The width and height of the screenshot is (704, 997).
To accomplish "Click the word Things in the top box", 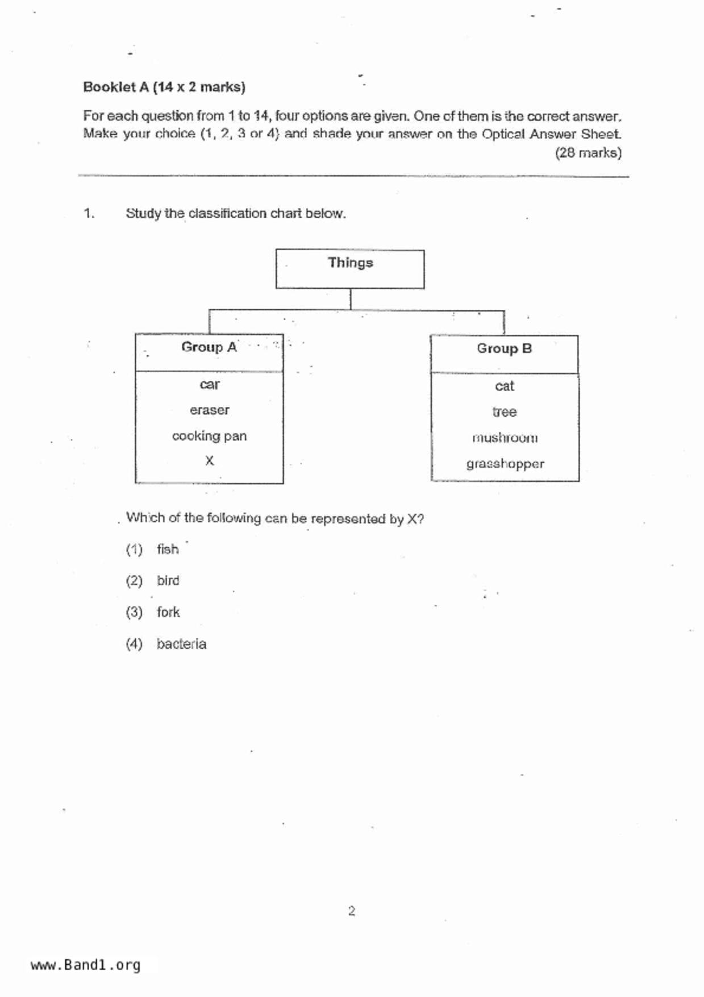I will coord(350,263).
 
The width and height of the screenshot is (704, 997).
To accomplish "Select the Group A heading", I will coord(209,347).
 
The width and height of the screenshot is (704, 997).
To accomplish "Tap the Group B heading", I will coord(504,348).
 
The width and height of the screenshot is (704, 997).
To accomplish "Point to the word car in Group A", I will coord(209,385).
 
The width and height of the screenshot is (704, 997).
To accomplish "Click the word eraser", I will coord(209,410).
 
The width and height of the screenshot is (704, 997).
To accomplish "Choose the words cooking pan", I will coord(209,436).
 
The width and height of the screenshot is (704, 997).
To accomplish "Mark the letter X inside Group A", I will coord(209,460).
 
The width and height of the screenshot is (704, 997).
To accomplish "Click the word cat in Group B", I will coord(504,387).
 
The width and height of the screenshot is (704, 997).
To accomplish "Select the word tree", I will coord(504,412).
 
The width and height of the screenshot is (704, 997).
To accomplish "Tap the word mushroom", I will coord(505,438).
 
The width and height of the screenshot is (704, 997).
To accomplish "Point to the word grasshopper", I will coord(505,464).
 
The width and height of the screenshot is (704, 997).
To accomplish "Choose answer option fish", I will coord(168,549).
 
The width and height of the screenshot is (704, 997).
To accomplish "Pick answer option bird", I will coord(168,580).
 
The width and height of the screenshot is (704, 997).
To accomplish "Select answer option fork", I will coord(168,612).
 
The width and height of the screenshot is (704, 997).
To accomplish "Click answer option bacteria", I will coord(181,644).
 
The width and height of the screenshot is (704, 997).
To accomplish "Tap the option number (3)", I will coord(134,612).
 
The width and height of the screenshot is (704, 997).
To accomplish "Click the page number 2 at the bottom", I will coord(351,911).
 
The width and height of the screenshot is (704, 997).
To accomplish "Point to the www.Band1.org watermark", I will coord(85,965).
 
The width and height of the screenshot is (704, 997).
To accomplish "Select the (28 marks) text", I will coord(588,153).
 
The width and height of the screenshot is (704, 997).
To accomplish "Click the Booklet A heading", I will coord(164,87).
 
